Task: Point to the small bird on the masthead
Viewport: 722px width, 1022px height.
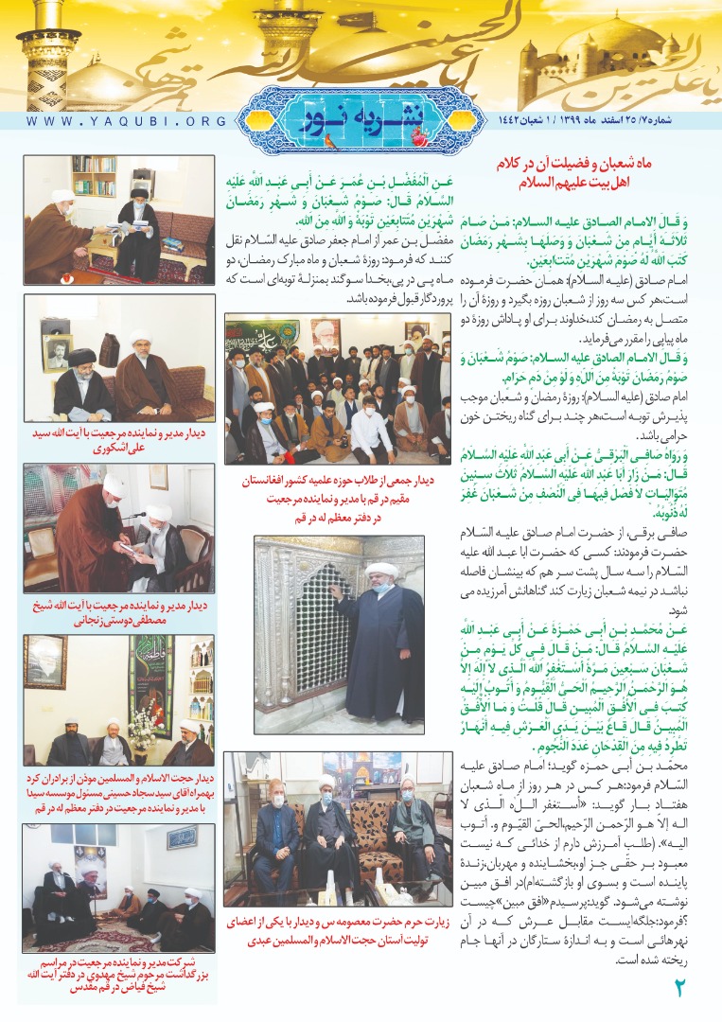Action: click(x=328, y=141)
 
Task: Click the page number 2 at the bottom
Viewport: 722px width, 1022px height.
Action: click(x=678, y=990)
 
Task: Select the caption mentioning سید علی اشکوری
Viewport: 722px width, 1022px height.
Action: click(x=119, y=441)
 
